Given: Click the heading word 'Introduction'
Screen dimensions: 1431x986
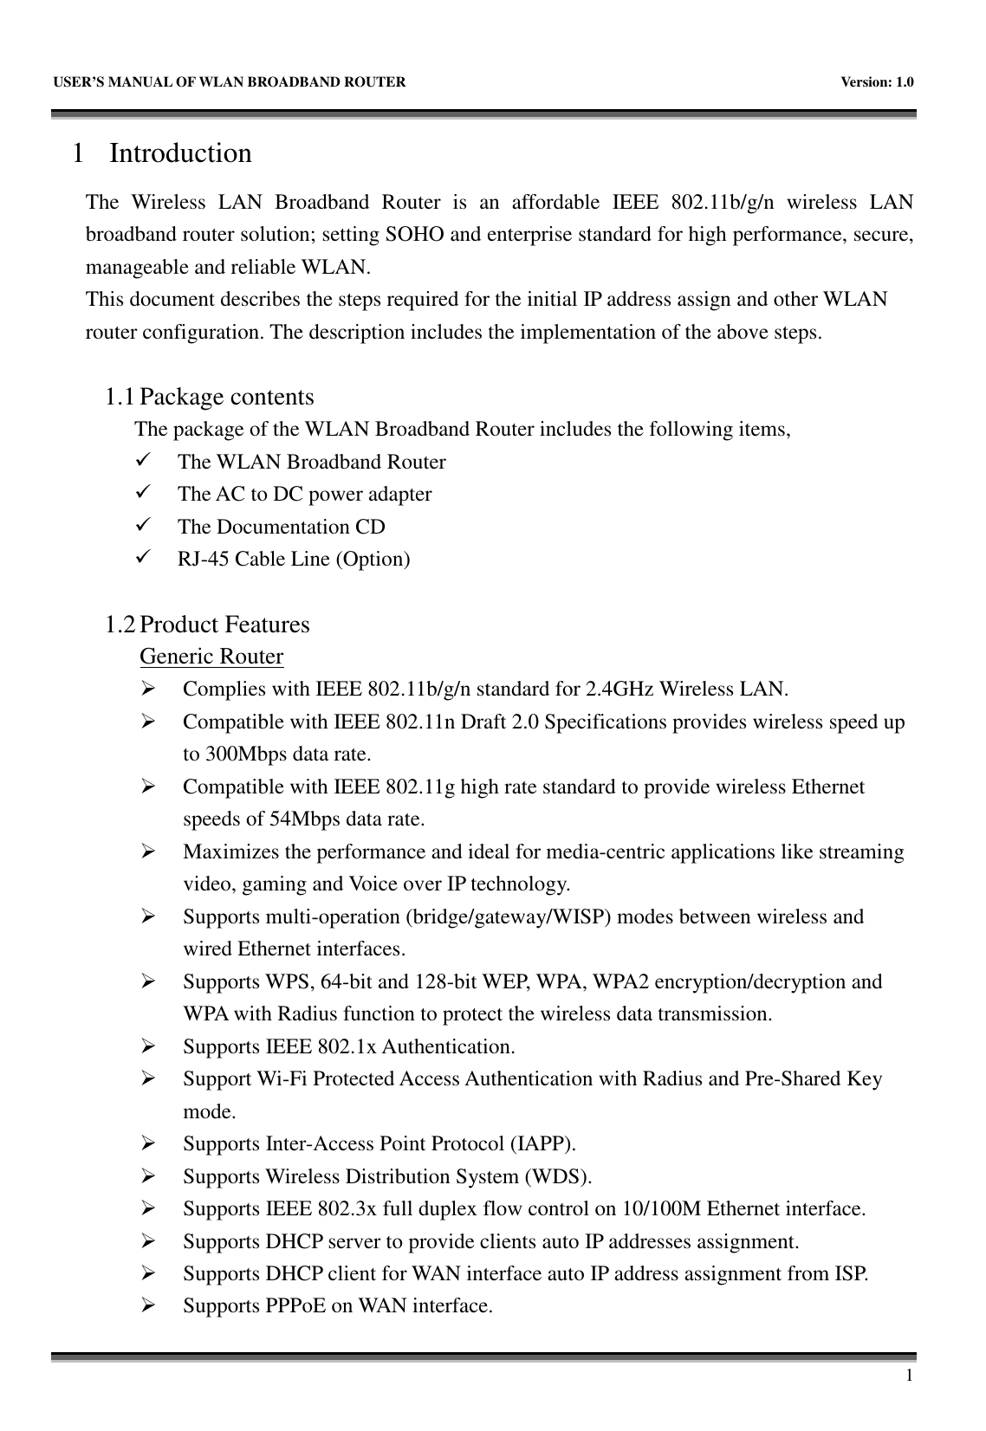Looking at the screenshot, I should click(x=180, y=153).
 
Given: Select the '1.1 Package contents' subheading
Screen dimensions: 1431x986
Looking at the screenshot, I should click(x=209, y=398).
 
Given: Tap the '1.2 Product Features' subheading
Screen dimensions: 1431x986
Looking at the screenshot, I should click(x=207, y=625).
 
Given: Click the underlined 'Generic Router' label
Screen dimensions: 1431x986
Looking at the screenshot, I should click(x=211, y=657).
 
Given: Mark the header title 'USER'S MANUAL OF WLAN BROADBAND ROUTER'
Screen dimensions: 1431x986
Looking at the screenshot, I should click(x=230, y=82).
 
